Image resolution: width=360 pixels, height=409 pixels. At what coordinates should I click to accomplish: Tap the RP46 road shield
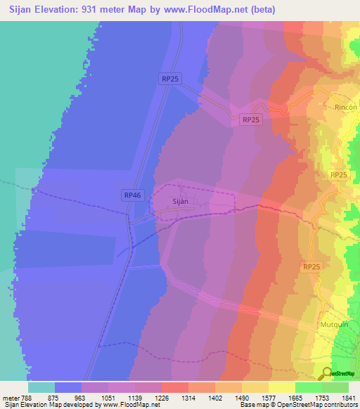(x=133, y=195)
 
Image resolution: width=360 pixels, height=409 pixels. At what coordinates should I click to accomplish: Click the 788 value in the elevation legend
(x=28, y=397)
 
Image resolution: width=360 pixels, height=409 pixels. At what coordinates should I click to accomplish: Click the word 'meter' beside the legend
(x=11, y=397)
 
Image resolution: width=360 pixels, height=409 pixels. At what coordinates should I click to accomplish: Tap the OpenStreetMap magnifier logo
(x=328, y=372)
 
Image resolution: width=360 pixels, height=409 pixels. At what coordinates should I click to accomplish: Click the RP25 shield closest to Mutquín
(x=312, y=266)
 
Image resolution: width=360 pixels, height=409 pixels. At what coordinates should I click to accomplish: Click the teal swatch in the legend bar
(x=41, y=387)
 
